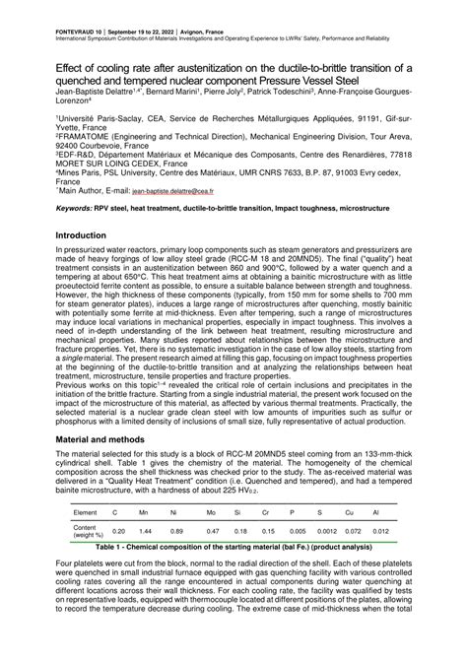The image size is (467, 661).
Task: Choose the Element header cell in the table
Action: [86, 513]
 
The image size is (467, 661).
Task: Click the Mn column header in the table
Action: [144, 513]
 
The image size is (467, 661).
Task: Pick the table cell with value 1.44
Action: [144, 531]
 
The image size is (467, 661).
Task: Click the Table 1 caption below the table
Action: [233, 547]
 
